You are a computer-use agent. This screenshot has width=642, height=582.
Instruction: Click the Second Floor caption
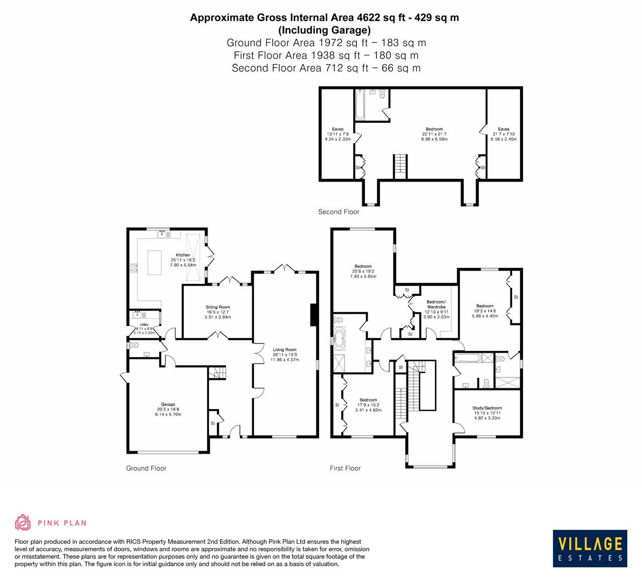tap(338, 212)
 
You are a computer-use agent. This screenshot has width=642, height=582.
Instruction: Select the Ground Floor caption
tap(146, 468)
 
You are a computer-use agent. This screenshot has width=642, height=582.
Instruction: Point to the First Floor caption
tap(345, 468)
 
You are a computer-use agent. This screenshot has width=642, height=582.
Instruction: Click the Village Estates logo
tap(590, 548)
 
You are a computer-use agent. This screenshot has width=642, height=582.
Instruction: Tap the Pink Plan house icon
tap(23, 522)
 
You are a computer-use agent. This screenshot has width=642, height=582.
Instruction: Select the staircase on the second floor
tap(399, 165)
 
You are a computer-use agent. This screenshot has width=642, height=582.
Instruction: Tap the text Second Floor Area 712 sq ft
tap(326, 68)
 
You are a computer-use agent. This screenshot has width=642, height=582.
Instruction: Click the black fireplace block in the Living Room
tap(313, 315)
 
